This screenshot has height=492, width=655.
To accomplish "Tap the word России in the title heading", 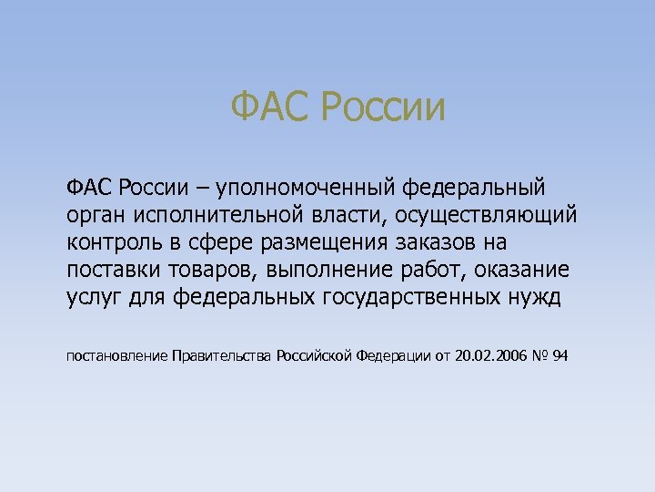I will pos(384,108).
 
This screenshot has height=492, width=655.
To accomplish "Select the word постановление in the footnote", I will pos(117,356).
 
